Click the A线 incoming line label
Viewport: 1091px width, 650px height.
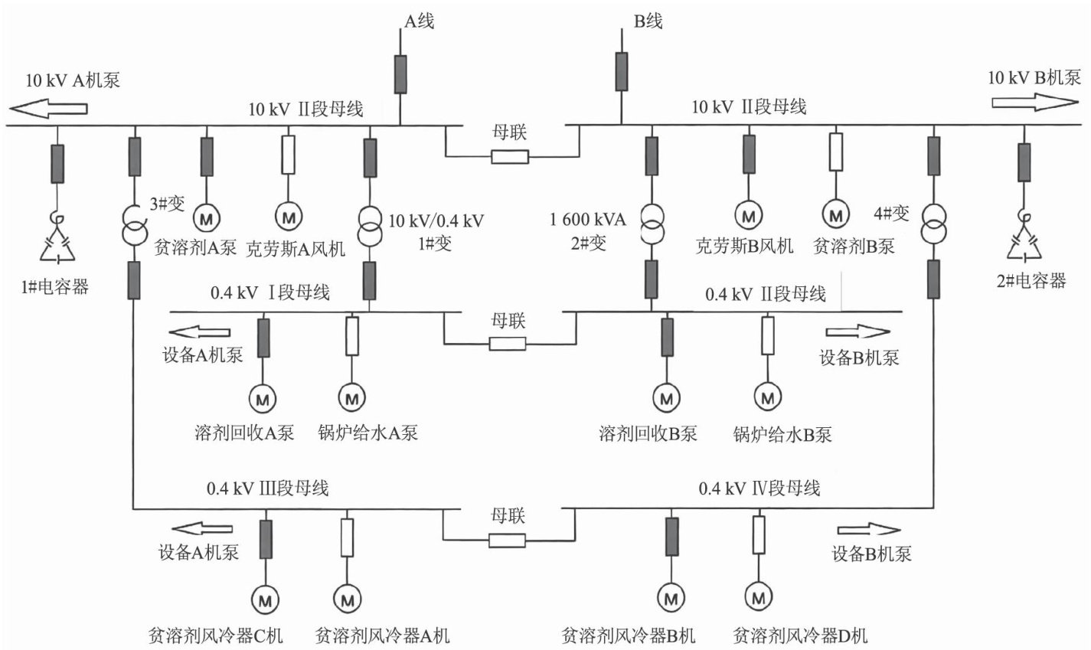pos(418,21)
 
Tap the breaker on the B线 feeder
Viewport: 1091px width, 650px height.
pos(622,71)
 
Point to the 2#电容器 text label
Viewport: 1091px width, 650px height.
pos(1031,281)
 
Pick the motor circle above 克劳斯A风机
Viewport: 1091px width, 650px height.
pos(289,217)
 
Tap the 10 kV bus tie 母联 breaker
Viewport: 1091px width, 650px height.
pos(509,157)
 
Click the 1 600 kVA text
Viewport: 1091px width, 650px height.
pos(588,220)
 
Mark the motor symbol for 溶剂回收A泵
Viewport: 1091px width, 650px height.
pos(263,398)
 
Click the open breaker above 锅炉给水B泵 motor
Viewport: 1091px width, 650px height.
pos(767,335)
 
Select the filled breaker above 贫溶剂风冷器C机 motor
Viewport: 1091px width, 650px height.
pos(266,539)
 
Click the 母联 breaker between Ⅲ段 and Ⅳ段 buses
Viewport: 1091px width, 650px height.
pos(507,540)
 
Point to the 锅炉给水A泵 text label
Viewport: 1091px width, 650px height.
pos(368,433)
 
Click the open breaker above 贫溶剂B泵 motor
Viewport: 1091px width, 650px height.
pos(836,151)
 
